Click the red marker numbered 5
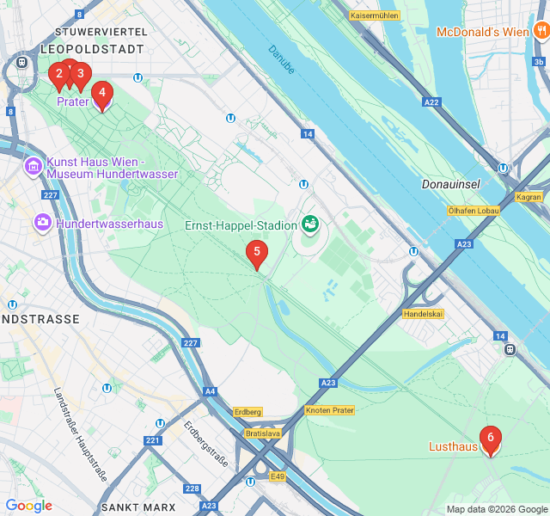tap(256, 253)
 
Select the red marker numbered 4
tap(101, 93)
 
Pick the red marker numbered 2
tap(58, 75)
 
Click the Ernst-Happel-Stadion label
tap(241, 225)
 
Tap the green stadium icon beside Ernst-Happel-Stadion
tap(310, 225)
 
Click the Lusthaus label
tap(453, 446)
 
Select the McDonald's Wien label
tap(482, 32)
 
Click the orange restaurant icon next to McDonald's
tap(541, 32)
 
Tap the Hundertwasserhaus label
tap(109, 224)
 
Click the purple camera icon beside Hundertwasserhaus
tap(42, 224)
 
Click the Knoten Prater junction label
tap(329, 410)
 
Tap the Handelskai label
tap(423, 314)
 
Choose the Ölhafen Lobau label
tap(474, 211)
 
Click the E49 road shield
tap(277, 476)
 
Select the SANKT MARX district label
tap(137, 507)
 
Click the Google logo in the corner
tap(28, 506)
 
